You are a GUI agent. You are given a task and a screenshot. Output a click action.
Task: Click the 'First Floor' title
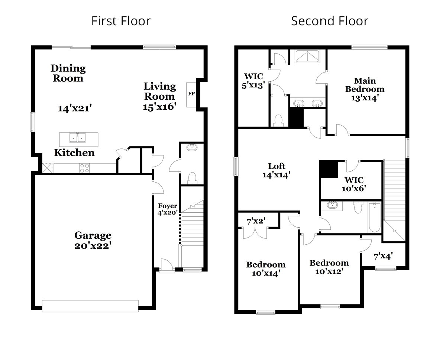coord(121,21)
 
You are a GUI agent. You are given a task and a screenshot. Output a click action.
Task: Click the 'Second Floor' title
coord(329,21)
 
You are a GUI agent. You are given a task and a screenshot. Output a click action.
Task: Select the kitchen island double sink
coord(78,138)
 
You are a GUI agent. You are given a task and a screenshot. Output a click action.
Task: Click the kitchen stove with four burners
coord(85,168)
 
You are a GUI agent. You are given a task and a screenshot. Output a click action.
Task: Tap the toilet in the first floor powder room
coord(192,179)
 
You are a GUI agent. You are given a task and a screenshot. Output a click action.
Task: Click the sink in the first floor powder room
coord(192,147)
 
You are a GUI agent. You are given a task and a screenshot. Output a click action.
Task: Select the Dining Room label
coord(68,73)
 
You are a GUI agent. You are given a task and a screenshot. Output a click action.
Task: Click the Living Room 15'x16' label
coord(160,96)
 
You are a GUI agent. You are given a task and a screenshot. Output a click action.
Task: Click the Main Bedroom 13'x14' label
coord(365,89)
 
